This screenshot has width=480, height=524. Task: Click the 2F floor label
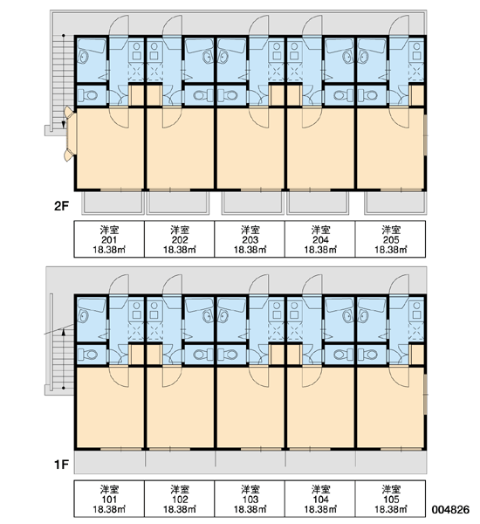pos(61,206)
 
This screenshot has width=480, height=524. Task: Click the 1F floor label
pos(61,465)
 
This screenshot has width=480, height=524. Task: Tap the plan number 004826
pos(450,509)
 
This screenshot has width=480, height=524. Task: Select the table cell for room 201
pos(109,239)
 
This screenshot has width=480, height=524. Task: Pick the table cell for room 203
pos(250,239)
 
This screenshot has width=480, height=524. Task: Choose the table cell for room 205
pos(390,239)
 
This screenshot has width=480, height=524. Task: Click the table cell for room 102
pos(180,499)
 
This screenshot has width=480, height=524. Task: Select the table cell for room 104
pos(320,499)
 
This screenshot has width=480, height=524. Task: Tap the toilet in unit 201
pos(88,95)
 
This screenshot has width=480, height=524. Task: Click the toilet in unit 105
pos(367,355)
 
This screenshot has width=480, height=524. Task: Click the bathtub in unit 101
pos(92,305)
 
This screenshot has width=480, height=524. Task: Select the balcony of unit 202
pos(178,203)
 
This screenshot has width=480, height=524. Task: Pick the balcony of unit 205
pos(395,203)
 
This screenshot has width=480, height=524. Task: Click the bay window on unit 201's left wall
pos(71,134)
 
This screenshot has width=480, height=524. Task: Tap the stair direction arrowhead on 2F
pos(63,125)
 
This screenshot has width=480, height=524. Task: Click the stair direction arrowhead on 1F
pos(63,331)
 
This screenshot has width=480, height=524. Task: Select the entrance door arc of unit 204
pos(312,25)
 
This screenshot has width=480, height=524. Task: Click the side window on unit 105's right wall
pos(426,395)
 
